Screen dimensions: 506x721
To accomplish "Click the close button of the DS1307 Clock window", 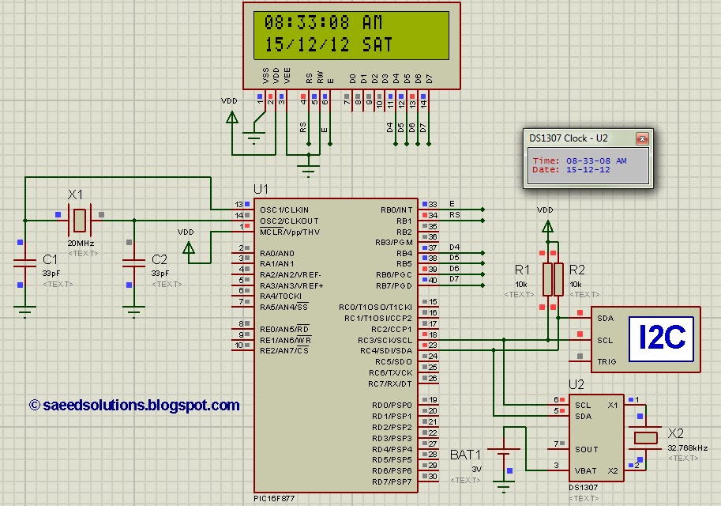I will tap(643, 138).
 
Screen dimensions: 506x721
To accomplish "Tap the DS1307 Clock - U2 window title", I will tap(569, 138).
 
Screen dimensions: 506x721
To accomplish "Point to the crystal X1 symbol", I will tap(80, 215).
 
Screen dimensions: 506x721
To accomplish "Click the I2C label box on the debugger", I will tap(661, 338).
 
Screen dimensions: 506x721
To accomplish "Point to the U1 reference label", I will tap(261, 189).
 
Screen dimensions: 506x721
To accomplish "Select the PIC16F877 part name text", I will tap(276, 498).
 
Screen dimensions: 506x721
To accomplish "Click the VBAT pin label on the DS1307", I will tap(586, 470).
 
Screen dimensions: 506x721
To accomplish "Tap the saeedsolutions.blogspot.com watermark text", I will tap(134, 405).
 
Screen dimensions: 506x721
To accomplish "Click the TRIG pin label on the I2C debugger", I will tap(606, 361).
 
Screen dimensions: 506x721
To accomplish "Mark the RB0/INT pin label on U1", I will tap(397, 210).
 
